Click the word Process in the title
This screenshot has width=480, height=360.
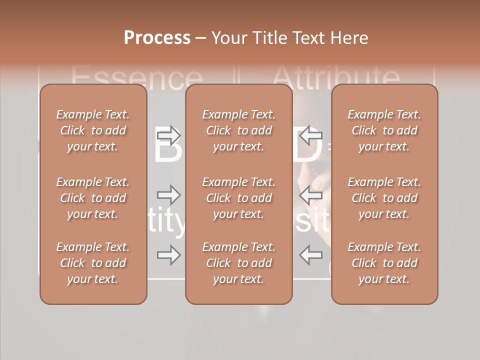(157, 38)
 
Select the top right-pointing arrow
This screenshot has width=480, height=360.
(169, 135)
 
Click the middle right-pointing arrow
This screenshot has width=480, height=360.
(169, 194)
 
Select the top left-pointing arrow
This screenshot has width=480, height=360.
(311, 135)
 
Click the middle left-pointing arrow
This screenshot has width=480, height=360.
(311, 194)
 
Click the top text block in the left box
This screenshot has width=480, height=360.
(93, 130)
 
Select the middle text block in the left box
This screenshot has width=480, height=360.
(93, 198)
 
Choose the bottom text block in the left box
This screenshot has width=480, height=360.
(93, 263)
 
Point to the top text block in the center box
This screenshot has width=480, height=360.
(238, 130)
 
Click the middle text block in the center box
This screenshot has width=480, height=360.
(238, 198)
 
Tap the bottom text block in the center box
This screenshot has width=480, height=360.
(238, 263)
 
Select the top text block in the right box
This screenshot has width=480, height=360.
(384, 130)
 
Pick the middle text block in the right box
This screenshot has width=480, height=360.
(384, 198)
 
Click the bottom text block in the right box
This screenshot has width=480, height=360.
(384, 263)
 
